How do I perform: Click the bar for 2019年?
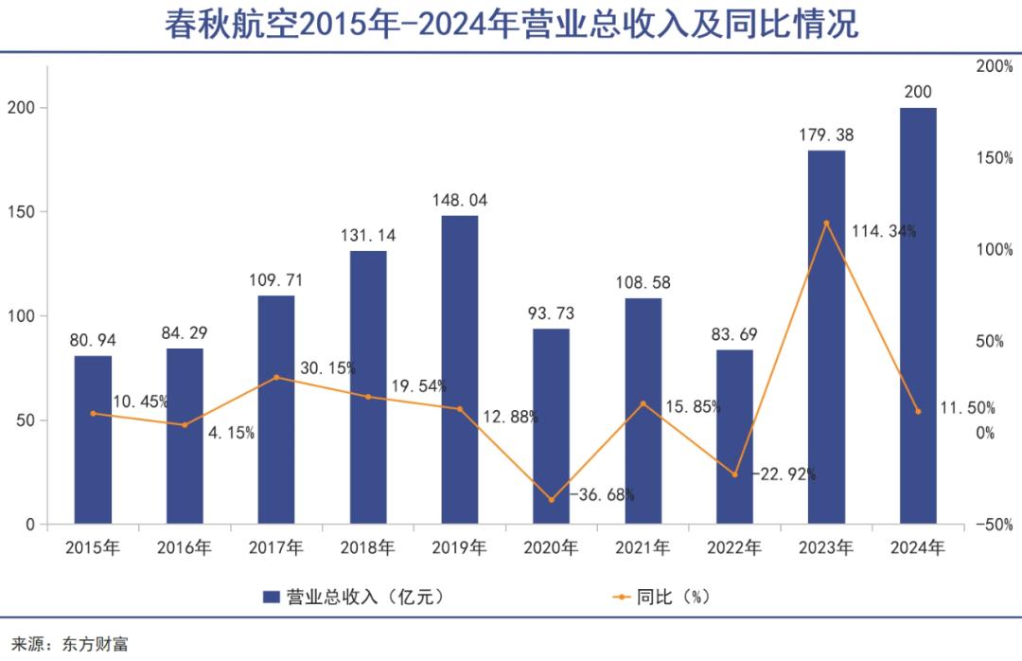tap(460, 369)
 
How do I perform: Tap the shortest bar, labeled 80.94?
tap(93, 439)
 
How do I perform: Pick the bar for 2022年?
tap(734, 437)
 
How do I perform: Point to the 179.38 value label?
tap(826, 135)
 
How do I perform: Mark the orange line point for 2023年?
tap(826, 223)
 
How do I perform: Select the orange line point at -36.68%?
tap(552, 499)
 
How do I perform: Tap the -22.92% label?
tap(784, 474)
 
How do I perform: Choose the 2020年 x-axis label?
tap(552, 547)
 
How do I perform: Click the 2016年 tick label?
tap(185, 547)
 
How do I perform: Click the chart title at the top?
tap(511, 24)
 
